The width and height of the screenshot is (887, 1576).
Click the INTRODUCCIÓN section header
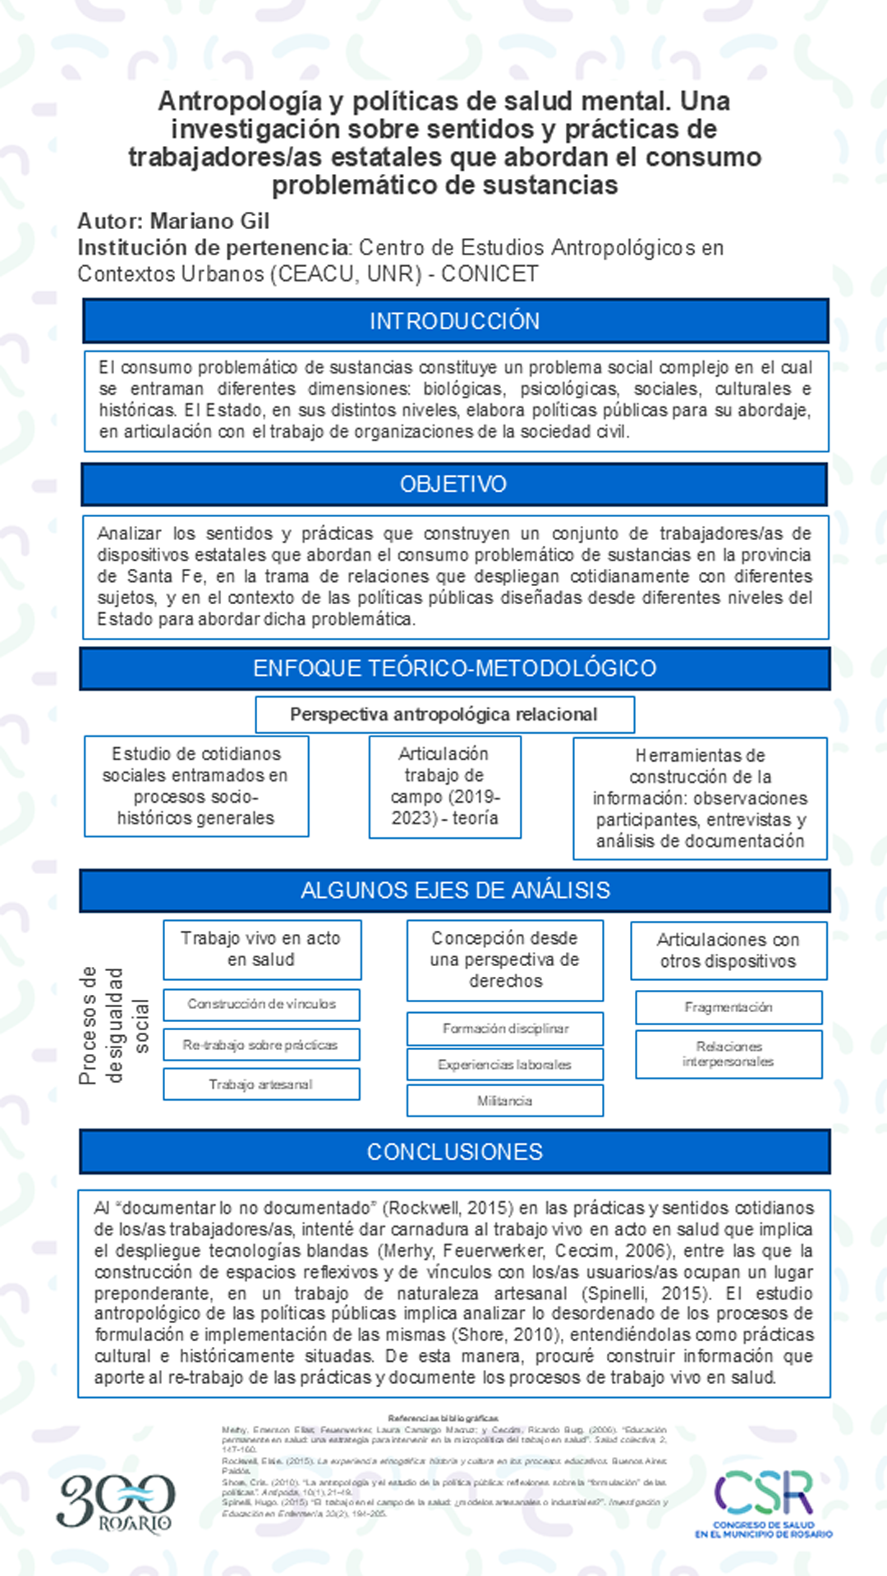[x=455, y=321]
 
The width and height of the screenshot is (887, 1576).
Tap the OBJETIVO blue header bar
[x=453, y=484]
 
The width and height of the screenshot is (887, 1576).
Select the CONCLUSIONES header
[x=454, y=1152]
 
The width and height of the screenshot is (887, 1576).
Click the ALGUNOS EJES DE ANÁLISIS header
[x=455, y=891]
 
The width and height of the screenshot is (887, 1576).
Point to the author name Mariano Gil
[x=209, y=222]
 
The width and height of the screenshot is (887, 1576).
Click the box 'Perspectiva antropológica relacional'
[x=444, y=715]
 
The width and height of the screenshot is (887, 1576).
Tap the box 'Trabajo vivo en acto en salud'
[x=261, y=949]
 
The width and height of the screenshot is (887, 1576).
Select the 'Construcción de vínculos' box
[x=261, y=1004]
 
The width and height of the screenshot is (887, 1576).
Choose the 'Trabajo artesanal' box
[x=261, y=1084]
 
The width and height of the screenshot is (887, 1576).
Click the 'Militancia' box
[x=504, y=1101]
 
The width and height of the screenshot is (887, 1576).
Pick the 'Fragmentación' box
[x=728, y=1007]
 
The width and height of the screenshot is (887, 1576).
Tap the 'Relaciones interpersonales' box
[x=728, y=1054]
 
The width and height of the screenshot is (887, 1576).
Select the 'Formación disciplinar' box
[x=504, y=1029]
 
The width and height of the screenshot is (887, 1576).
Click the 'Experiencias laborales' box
[x=504, y=1065]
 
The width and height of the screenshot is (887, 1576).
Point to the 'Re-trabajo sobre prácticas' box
[x=261, y=1045]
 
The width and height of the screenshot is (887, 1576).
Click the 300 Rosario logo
[x=116, y=1502]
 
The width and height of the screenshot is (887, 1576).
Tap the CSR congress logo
[x=764, y=1501]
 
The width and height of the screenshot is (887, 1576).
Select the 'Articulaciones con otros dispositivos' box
[x=728, y=951]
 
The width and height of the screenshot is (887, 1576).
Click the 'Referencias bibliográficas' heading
[x=443, y=1418]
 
